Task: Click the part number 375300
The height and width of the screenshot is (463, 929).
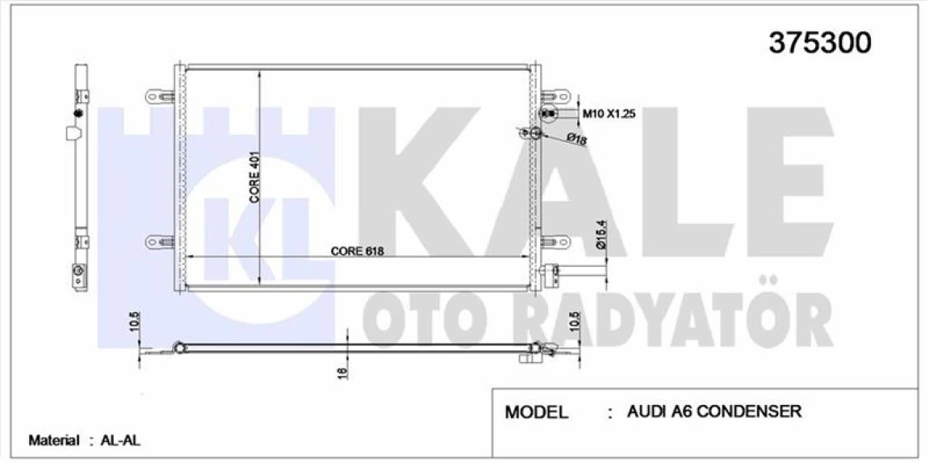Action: [x=819, y=43]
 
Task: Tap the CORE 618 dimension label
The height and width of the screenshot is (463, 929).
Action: [x=357, y=251]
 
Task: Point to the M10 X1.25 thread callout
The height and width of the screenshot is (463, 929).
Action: [x=610, y=114]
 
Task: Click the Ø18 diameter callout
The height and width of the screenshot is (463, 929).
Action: [x=576, y=140]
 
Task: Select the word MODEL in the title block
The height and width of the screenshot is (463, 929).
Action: [x=537, y=412]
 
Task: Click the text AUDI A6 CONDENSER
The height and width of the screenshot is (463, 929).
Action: [x=714, y=411]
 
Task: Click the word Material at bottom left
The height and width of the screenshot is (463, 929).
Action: [x=54, y=440]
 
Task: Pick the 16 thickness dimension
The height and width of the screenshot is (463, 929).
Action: [x=342, y=373]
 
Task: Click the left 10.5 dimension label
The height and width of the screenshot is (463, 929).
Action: [x=135, y=323]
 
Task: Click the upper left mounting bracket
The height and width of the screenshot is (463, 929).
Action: [x=160, y=97]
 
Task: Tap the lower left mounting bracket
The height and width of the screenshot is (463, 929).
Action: [x=160, y=241]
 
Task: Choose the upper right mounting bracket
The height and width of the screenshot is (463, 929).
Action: [x=554, y=97]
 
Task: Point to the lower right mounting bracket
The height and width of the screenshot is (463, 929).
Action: [x=554, y=241]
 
